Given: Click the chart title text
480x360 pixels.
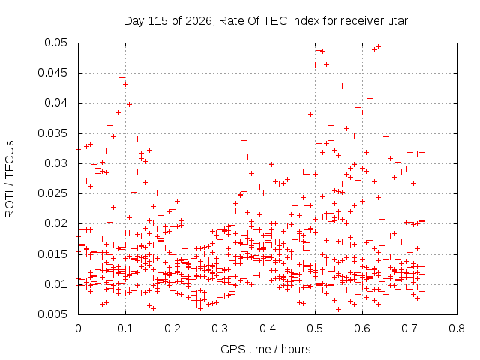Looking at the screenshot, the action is [x=265, y=21].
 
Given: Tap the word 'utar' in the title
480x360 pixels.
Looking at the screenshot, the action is [x=397, y=21].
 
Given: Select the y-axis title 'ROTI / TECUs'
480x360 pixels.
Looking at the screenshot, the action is [x=10, y=179].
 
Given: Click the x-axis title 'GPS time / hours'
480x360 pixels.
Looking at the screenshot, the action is [x=265, y=349].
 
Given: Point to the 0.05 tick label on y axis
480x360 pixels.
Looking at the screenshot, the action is [x=55, y=43].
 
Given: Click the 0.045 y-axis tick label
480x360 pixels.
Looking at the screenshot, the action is [x=52, y=73].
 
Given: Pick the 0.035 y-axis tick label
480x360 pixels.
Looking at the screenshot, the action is [x=52, y=133].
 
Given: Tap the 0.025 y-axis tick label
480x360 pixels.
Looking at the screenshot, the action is [x=52, y=193].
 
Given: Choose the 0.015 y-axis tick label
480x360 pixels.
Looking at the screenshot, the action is [x=52, y=253].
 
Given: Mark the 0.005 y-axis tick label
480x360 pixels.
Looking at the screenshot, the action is [x=52, y=314].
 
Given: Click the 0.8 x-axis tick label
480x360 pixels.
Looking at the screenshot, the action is [x=457, y=328].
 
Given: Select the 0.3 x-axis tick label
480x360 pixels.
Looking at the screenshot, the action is [x=220, y=328].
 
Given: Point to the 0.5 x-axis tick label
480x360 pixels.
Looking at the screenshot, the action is [x=315, y=328].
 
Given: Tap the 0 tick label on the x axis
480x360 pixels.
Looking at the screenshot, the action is [x=78, y=328].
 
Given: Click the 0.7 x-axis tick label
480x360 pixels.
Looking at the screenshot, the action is [x=409, y=328].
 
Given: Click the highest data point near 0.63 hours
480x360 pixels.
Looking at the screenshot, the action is [x=378, y=46].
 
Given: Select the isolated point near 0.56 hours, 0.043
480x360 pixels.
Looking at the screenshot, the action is [x=343, y=85].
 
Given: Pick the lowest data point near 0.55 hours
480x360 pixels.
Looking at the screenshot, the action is [x=338, y=309].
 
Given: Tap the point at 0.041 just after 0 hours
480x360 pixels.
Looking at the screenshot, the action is [x=82, y=95].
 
